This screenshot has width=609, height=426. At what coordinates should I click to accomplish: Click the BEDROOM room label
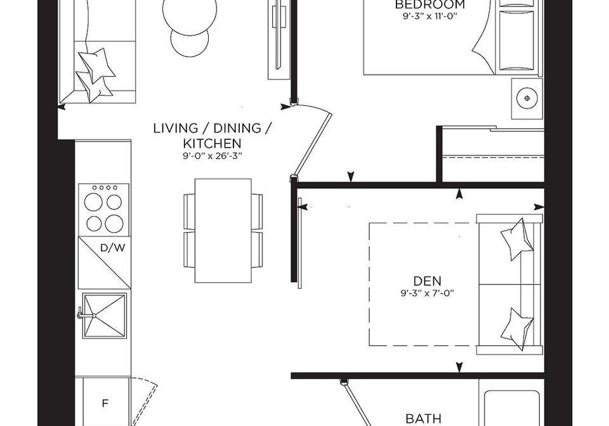(429, 4)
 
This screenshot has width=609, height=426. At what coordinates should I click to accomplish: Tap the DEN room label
(427, 281)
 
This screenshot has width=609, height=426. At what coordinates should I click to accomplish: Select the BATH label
(423, 418)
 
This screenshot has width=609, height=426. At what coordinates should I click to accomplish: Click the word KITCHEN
(212, 143)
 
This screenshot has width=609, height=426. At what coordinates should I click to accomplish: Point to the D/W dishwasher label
(113, 248)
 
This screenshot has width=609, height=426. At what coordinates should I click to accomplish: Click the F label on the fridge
(105, 404)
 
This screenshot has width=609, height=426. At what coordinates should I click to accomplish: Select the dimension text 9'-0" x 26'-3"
(212, 156)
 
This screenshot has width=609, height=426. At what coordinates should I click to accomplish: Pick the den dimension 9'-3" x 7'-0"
(427, 293)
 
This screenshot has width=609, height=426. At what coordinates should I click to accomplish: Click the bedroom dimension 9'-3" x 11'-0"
(429, 16)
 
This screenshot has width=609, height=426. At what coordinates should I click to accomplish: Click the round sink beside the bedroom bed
(527, 98)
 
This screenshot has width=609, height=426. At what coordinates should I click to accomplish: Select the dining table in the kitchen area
(223, 231)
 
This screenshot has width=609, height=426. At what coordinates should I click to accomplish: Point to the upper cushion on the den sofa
(516, 239)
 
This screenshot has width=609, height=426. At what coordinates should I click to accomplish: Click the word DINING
(232, 128)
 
